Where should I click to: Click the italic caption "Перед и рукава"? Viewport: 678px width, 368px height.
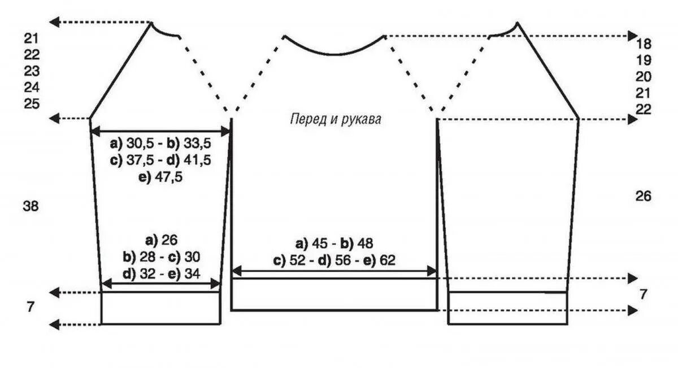pos(336,120)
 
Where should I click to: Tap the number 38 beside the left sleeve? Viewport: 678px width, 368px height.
pos(31,206)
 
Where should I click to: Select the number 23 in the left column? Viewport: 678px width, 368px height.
pos(32,71)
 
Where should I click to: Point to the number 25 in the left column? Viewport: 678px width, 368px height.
pos(32,104)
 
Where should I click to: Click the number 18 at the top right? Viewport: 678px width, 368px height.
pos(644,44)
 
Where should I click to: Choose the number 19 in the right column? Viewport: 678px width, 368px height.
pos(644,60)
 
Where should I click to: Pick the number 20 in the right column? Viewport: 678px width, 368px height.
pos(644,77)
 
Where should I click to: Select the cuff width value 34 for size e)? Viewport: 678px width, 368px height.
pos(192,272)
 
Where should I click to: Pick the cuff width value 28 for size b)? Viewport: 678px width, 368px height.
pos(149,256)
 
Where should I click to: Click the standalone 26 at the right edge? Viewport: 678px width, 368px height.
pos(644,196)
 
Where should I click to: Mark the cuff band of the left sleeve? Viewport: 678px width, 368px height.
pos(160,308)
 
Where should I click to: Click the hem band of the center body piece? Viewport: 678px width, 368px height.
pos(334,294)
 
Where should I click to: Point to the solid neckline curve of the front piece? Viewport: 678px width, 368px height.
pos(334,53)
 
